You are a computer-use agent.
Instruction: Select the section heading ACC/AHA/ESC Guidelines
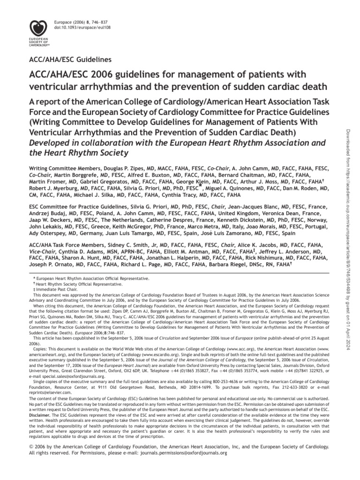[x=70, y=60]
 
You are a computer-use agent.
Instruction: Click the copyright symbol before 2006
[x=32, y=447]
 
